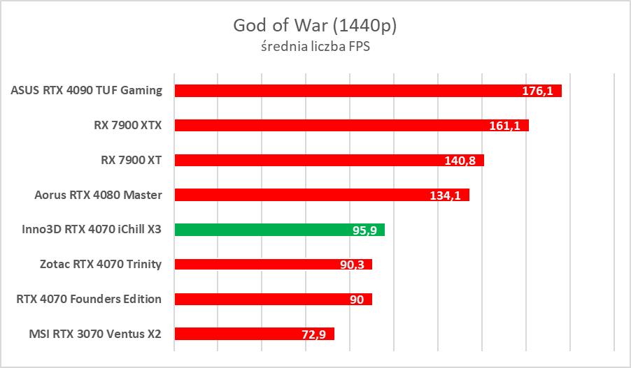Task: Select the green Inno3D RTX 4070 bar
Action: point(279,230)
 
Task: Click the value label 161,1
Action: point(504,126)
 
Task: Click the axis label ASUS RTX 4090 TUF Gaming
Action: point(87,90)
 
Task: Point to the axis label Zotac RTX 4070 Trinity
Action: point(101,264)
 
